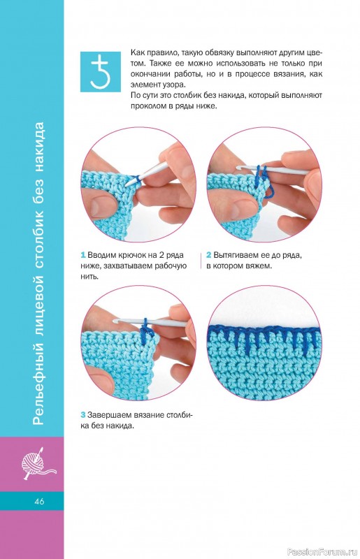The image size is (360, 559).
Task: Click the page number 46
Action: [40, 501]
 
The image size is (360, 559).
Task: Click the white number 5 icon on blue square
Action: [100, 72]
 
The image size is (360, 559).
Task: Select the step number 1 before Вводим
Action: [83, 255]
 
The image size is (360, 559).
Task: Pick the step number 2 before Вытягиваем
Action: [209, 255]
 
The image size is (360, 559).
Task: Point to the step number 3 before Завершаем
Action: [83, 415]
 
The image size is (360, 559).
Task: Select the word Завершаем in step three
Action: [109, 415]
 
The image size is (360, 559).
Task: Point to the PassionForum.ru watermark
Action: [322, 552]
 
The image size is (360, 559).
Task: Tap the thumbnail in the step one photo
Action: [101, 207]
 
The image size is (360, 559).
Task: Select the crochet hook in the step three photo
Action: [150, 322]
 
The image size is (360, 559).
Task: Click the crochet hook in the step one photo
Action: [146, 173]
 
